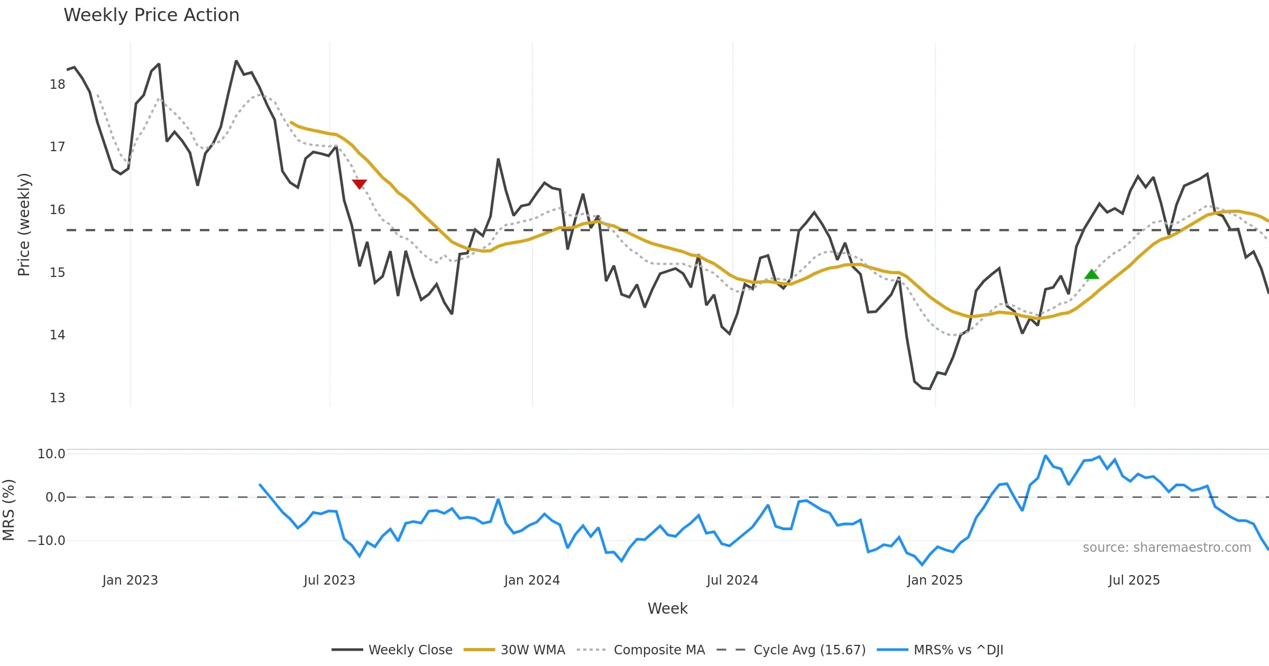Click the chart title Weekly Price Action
pyautogui.click(x=151, y=15)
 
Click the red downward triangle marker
pyautogui.click(x=360, y=183)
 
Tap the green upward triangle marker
pyautogui.click(x=1091, y=274)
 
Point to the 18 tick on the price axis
pyautogui.click(x=57, y=85)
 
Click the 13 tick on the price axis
pyautogui.click(x=57, y=398)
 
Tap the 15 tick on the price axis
pyautogui.click(x=57, y=273)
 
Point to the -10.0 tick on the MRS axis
pyautogui.click(x=47, y=541)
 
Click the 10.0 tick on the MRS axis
pyautogui.click(x=51, y=454)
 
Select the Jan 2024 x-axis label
pyautogui.click(x=532, y=580)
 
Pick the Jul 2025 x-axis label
pyautogui.click(x=1134, y=580)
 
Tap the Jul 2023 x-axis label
pyautogui.click(x=329, y=580)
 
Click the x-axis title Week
pyautogui.click(x=667, y=609)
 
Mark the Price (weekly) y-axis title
pyautogui.click(x=24, y=225)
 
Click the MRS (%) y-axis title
pyautogui.click(x=8, y=510)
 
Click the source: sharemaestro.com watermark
pyautogui.click(x=1166, y=548)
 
